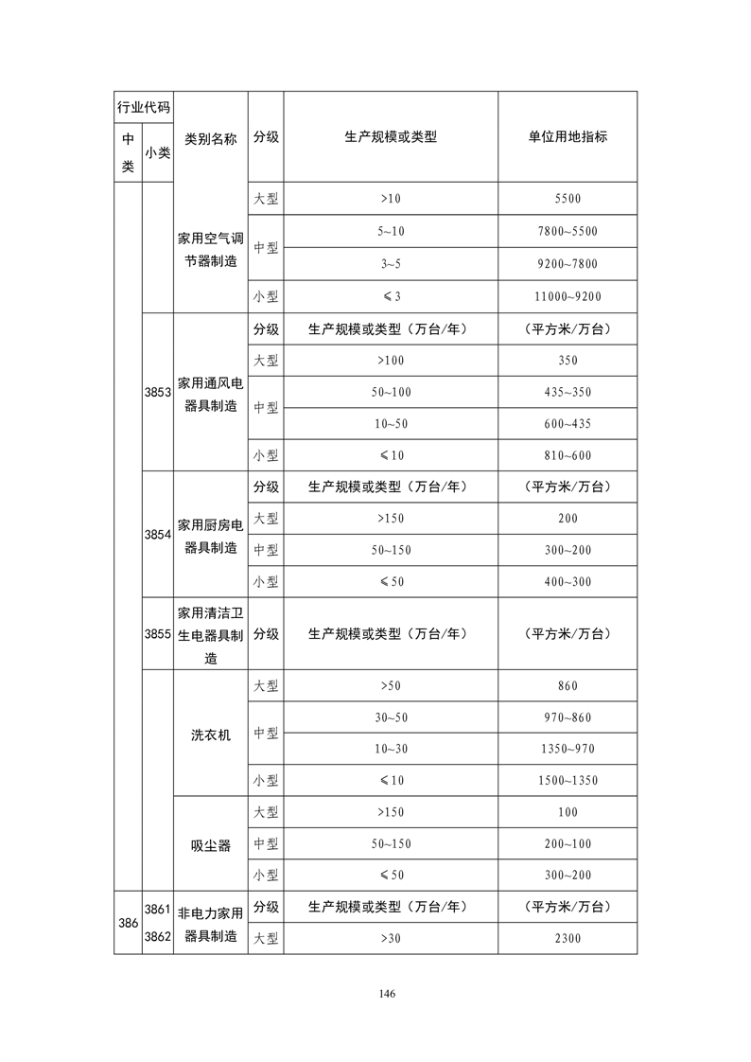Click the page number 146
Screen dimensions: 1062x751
[386, 993]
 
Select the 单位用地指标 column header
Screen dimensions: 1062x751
[568, 136]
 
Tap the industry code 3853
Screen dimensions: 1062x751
[157, 392]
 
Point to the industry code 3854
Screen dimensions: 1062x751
[157, 534]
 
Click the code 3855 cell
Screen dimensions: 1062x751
[157, 634]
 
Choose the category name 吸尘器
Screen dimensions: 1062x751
[211, 845]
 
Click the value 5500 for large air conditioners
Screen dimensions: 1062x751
[568, 199]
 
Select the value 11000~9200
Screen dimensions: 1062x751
[568, 296]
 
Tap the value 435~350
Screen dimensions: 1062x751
[568, 392]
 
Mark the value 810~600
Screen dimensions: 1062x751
[568, 455]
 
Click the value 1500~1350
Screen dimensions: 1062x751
[568, 781]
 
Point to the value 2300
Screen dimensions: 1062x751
[568, 939]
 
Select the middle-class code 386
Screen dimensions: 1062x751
[128, 923]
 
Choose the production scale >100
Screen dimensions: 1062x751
[391, 361]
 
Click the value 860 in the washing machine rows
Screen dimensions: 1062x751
[568, 686]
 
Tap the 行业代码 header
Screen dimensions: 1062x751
[143, 107]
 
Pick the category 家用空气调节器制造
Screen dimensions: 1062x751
[211, 249]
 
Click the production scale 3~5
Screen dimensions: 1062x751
[391, 264]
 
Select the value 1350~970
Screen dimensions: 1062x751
[568, 749]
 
